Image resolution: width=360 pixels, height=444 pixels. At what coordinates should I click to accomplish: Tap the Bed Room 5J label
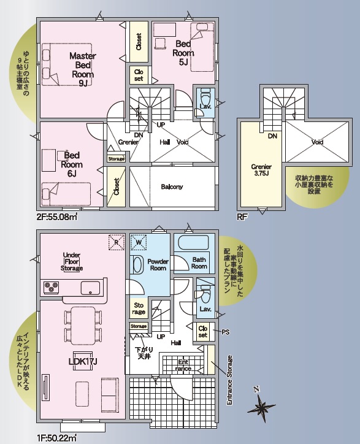183,53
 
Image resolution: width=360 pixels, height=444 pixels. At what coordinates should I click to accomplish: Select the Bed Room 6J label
72,164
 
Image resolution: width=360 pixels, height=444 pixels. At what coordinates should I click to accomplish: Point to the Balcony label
172,186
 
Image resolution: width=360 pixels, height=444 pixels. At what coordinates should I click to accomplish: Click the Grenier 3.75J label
261,170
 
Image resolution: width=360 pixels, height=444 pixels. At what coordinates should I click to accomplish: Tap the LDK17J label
83,362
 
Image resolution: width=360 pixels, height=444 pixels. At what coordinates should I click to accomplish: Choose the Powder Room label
158,265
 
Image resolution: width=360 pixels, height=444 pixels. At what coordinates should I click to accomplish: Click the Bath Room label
199,262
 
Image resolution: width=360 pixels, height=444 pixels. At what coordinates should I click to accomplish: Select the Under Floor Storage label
72,261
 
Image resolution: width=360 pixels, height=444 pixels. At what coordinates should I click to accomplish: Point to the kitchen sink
90,288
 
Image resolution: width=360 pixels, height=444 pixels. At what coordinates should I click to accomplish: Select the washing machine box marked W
139,242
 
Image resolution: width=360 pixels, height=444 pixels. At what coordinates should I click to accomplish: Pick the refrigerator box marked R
117,242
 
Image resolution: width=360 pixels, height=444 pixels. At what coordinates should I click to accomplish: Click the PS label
226,332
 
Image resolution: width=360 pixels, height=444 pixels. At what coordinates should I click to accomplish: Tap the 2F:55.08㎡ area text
57,217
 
